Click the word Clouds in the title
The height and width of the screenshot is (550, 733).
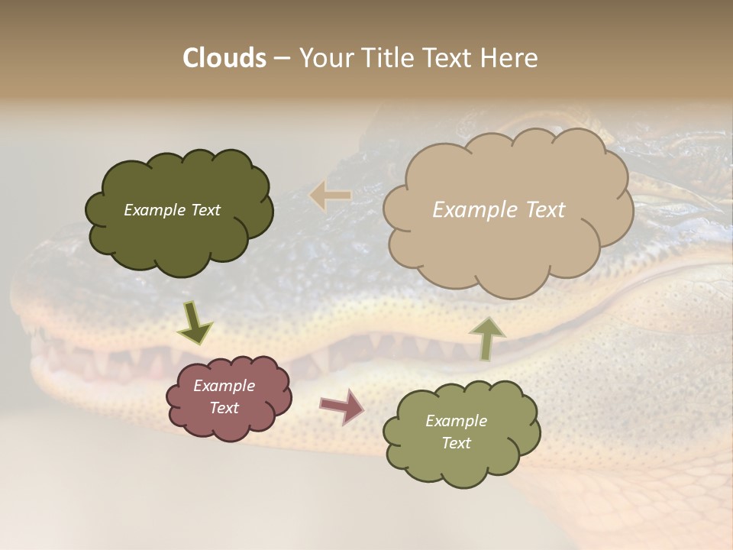pyautogui.click(x=224, y=58)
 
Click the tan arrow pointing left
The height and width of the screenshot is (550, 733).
pyautogui.click(x=331, y=196)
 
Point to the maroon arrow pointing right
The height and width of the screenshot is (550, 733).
pyautogui.click(x=342, y=406)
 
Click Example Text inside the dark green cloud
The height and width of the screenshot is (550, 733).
pyautogui.click(x=172, y=210)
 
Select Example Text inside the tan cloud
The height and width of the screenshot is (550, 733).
pyautogui.click(x=499, y=210)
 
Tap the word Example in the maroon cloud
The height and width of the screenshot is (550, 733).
pyautogui.click(x=224, y=386)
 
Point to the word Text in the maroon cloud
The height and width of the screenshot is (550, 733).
pyautogui.click(x=224, y=408)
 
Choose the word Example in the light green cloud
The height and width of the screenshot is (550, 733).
pyautogui.click(x=456, y=421)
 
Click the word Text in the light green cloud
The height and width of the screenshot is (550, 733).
pyautogui.click(x=456, y=443)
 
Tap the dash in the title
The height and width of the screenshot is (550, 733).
pyautogui.click(x=281, y=58)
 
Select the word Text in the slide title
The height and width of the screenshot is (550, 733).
pyautogui.click(x=447, y=58)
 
